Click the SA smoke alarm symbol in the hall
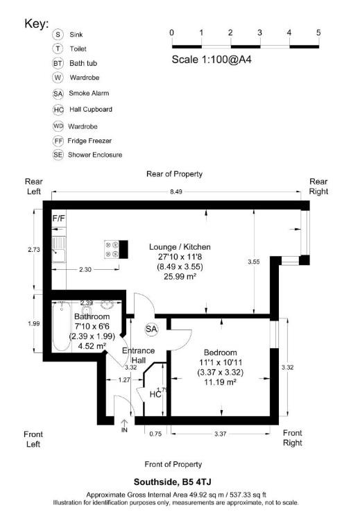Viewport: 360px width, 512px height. [x=151, y=328]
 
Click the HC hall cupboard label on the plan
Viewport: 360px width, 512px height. [x=156, y=394]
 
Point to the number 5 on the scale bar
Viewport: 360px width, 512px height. [x=318, y=33]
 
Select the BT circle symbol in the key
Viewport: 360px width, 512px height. [x=58, y=63]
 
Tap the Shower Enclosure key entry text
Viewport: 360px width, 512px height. [x=95, y=155]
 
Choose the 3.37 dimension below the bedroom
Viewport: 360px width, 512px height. [x=220, y=434]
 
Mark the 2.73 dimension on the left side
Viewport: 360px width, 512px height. [x=23, y=249]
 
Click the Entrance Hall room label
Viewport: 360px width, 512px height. [x=139, y=355]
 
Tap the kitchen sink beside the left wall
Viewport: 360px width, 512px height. [x=59, y=249]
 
